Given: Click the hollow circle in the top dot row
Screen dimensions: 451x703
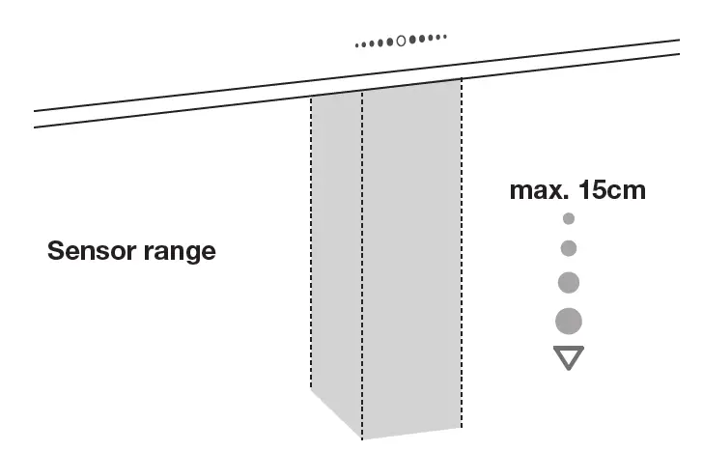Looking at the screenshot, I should click(402, 41).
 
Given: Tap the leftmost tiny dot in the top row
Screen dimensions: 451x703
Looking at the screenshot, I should click(357, 44).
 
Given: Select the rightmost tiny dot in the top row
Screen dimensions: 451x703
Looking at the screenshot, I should click(445, 38).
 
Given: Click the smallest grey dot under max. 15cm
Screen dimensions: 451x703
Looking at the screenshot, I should click(569, 219).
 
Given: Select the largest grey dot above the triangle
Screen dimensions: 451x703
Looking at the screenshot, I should click(569, 321).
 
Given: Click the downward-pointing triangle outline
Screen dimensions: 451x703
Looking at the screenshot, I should click(569, 356).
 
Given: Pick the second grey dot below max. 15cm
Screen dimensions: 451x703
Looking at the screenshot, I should click(569, 248).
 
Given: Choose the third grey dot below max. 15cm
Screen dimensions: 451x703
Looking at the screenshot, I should click(569, 282).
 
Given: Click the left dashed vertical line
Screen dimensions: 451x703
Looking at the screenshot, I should click(311, 241).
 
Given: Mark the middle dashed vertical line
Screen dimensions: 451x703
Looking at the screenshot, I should click(362, 261).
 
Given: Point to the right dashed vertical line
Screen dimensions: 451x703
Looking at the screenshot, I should click(462, 251).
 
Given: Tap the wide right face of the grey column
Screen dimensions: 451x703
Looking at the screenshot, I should click(411, 251).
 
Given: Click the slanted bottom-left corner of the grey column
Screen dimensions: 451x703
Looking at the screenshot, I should click(333, 410).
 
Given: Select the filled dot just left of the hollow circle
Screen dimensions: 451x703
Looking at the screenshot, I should click(392, 42).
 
